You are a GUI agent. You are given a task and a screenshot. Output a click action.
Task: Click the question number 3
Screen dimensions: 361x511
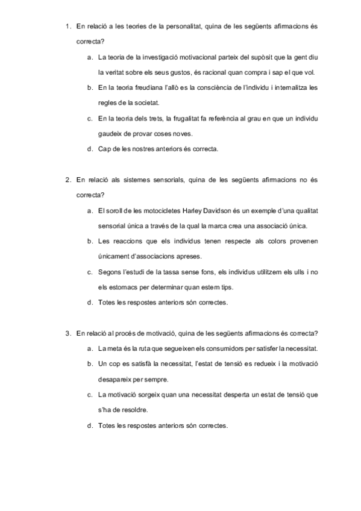pos(67,333)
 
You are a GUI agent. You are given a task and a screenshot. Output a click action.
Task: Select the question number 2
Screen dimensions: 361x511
pos(67,180)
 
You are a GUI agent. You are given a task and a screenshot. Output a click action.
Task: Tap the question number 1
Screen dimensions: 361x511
pos(67,27)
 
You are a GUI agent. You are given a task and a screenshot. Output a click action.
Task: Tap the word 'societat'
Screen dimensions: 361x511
pos(146,102)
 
